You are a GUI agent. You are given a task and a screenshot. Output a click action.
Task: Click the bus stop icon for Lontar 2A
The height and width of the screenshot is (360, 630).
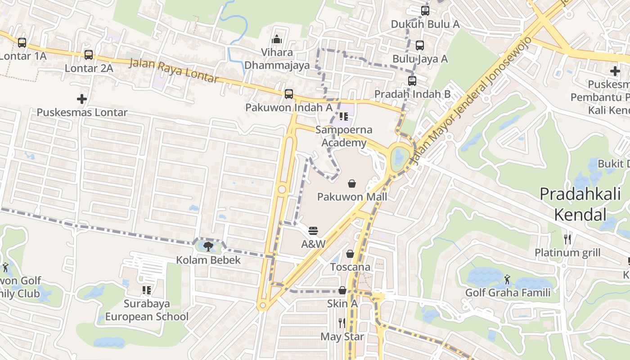tap(89, 55)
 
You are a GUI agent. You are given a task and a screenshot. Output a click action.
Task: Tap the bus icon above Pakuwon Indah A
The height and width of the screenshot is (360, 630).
tap(289, 94)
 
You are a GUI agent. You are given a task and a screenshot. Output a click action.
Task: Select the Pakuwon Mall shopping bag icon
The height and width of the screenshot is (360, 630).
tap(352, 184)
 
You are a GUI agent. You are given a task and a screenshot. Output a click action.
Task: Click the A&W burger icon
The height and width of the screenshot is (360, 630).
tap(313, 231)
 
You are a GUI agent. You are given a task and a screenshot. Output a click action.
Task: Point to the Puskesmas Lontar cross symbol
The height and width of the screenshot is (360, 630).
tap(82, 99)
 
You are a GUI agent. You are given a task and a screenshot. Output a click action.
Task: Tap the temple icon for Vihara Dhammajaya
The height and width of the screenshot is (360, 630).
tap(277, 40)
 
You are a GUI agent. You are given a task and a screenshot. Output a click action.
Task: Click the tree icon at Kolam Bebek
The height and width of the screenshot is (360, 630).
tap(208, 246)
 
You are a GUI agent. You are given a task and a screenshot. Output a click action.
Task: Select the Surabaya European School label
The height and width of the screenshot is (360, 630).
tap(147, 310)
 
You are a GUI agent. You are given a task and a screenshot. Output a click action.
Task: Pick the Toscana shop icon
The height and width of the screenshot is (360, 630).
tap(350, 254)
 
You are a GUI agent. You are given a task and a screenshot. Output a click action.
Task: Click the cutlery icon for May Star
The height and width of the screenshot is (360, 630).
tap(342, 323)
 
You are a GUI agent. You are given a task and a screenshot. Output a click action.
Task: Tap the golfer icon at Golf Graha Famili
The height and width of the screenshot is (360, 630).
tap(508, 279)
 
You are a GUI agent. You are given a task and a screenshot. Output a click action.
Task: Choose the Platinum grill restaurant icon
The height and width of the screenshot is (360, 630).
tap(567, 239)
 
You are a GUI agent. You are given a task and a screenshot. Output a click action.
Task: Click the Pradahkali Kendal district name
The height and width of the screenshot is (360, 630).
tap(580, 204)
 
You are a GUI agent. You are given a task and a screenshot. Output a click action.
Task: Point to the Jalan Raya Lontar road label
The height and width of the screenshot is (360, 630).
tap(174, 71)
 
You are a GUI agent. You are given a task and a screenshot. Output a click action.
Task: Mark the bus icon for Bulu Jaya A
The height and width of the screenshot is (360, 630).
tap(420, 45)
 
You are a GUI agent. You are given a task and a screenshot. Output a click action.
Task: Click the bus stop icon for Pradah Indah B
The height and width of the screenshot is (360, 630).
tap(412, 81)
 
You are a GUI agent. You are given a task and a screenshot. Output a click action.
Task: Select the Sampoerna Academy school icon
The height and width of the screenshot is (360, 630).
tap(344, 117)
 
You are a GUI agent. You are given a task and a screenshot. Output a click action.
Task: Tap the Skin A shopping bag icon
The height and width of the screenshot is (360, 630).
tap(342, 290)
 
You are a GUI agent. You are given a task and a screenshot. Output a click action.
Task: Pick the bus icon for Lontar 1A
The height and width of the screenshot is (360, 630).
tap(22, 43)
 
